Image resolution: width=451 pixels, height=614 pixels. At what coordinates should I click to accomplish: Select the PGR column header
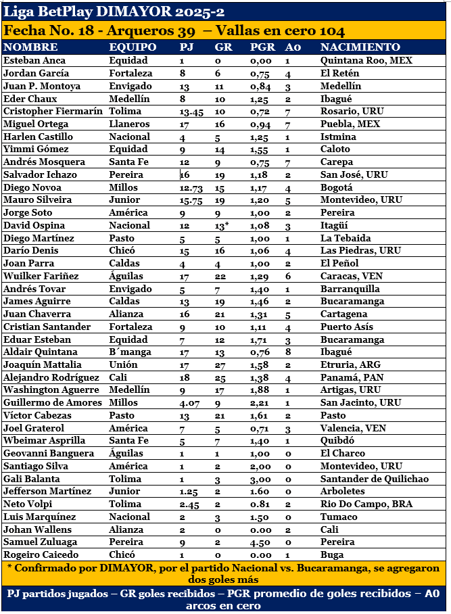point(262,47)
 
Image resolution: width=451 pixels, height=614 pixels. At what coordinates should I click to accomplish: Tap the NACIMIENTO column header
point(360,47)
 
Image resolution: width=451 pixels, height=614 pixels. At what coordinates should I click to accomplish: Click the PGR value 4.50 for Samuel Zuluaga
point(262,542)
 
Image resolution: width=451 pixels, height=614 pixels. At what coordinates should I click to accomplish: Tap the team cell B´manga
point(126,352)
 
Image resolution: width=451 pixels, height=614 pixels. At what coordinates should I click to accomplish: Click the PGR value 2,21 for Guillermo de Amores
point(260,402)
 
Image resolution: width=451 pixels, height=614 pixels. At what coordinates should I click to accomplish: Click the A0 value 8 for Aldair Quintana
point(288,352)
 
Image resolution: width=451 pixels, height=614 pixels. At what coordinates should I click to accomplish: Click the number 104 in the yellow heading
point(331,31)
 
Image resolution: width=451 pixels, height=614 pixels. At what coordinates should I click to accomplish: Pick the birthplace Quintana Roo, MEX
point(366,60)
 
